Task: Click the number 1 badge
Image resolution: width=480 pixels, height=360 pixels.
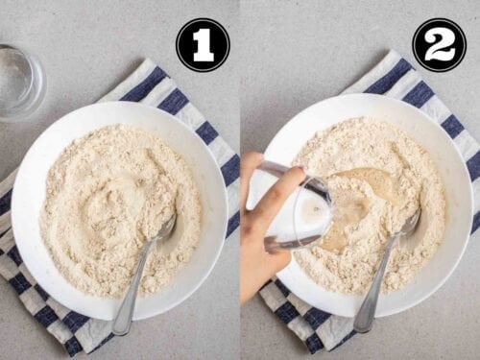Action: click(x=203, y=45)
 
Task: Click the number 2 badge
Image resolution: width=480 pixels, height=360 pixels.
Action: click(x=439, y=44)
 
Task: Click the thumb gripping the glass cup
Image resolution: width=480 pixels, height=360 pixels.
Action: click(x=291, y=176)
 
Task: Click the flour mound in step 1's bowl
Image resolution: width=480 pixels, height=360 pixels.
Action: click(x=120, y=209)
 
